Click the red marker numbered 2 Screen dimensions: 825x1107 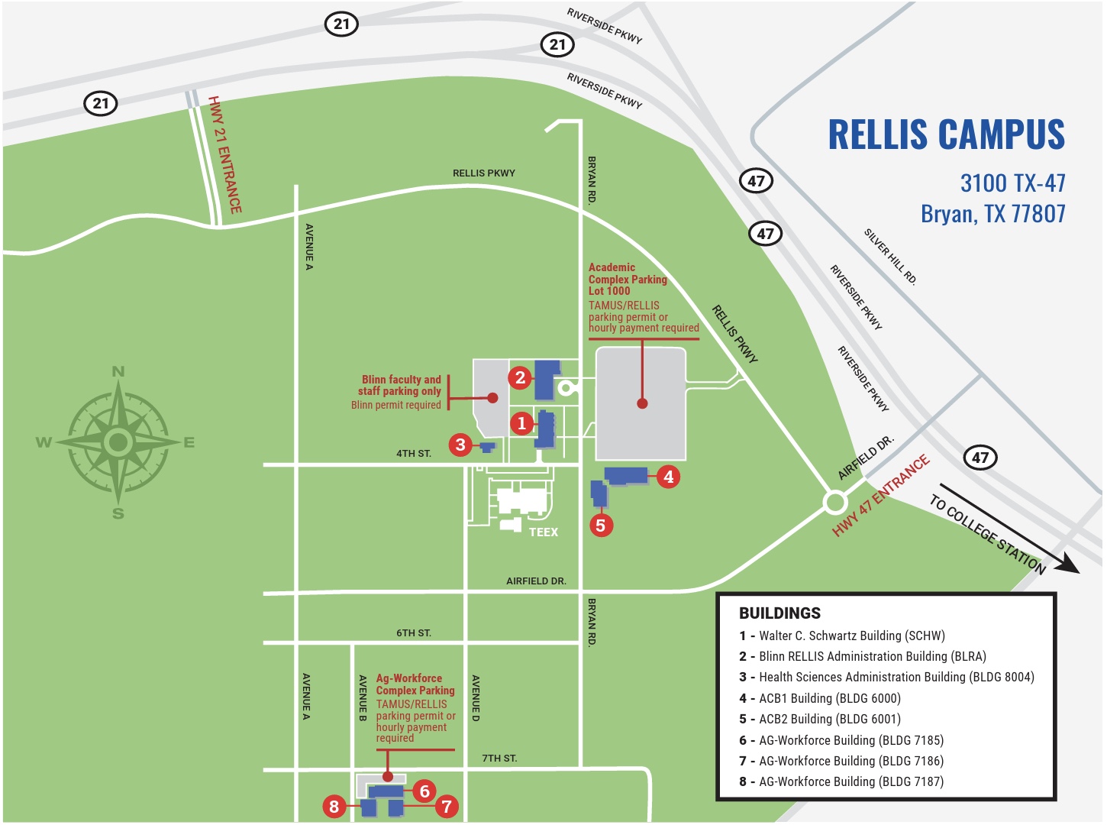coord(520,377)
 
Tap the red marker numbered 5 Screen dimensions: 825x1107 coord(601,526)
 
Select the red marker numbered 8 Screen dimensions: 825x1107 coord(334,806)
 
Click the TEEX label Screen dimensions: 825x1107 coord(544,532)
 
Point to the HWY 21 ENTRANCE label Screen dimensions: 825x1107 coord(225,155)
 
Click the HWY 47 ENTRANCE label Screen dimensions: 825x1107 coord(881,496)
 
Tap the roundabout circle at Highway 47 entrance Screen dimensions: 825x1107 coord(835,503)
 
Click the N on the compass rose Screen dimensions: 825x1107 coord(118,372)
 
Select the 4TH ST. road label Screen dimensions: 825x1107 coord(414,454)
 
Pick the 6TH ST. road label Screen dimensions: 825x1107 coord(414,633)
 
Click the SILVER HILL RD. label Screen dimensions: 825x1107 coord(890,257)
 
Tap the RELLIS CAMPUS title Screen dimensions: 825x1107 coord(946,135)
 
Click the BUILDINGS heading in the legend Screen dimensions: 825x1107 coord(779,613)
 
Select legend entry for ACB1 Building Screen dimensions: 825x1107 coord(820,698)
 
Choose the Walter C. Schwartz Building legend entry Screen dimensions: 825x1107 coord(842,636)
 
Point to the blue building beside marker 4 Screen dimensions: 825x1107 coord(627,475)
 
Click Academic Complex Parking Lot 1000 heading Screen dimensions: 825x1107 coord(628,279)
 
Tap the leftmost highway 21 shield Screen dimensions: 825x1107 coord(101,103)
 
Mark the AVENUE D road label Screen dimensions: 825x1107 coord(476,697)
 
